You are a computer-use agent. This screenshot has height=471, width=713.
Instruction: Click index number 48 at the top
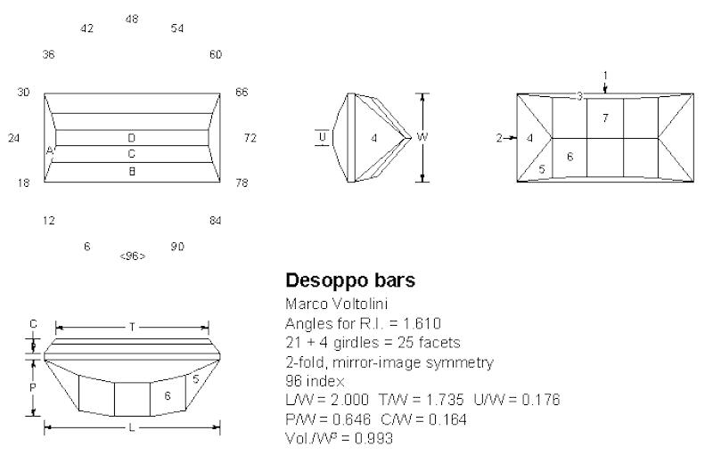pos(132,19)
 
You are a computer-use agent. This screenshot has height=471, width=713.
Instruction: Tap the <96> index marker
pos(132,256)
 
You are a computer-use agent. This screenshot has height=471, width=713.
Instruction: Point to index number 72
pos(250,138)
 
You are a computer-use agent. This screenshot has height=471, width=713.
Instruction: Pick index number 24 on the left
pos(13,138)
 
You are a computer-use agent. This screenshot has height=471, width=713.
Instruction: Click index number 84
pos(215,220)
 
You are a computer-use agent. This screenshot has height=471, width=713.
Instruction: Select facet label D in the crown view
pos(131,138)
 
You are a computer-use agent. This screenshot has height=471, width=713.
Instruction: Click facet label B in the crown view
pos(131,170)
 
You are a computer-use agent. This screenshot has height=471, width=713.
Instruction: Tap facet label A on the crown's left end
pos(50,152)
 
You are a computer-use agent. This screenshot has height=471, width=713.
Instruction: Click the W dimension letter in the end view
pos(422,137)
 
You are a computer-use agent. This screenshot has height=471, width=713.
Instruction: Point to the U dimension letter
pos(322,137)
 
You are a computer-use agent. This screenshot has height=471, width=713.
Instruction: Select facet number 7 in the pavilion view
pos(605,118)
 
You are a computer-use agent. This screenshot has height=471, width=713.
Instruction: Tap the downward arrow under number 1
pos(605,87)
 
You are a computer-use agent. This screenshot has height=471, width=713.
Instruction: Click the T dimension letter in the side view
pos(132,328)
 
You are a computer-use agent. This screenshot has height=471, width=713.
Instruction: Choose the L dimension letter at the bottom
pos(132,428)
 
